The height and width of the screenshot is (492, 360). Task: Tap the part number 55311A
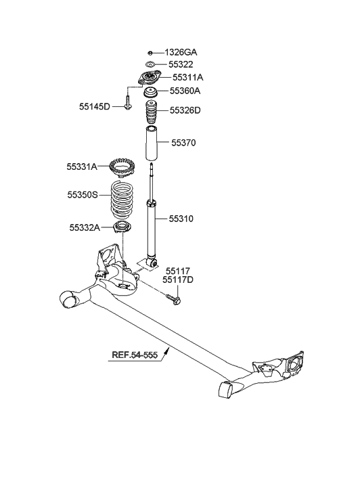click(x=187, y=77)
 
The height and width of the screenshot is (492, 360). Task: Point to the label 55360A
click(x=185, y=91)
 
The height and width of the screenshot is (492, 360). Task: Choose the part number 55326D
click(x=185, y=110)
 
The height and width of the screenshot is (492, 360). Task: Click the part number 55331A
click(x=83, y=166)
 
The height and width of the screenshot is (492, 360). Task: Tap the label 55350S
click(x=83, y=194)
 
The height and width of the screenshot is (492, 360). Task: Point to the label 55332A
click(x=83, y=227)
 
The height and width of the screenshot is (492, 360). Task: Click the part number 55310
click(x=181, y=218)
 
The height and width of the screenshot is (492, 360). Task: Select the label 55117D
click(x=180, y=279)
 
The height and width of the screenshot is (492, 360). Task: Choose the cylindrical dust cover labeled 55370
click(x=151, y=143)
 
